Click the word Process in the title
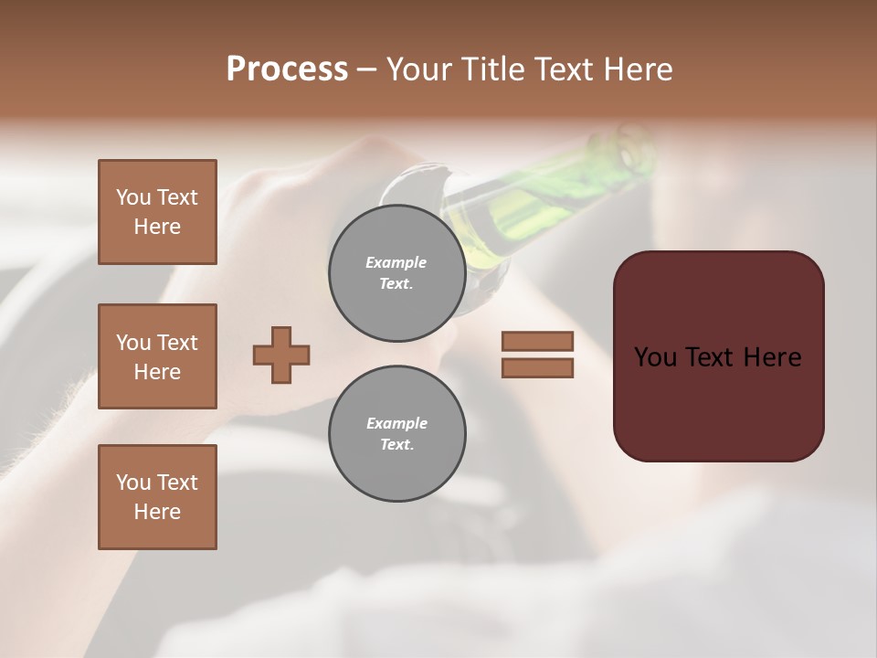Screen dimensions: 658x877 tap(287, 69)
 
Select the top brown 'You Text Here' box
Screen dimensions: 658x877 tap(157, 212)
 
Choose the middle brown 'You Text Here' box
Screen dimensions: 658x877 tap(157, 356)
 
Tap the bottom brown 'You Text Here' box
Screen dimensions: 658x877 tap(157, 497)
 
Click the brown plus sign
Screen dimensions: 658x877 tap(281, 355)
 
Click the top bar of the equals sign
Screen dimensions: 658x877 tap(537, 342)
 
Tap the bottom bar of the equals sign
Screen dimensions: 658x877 tap(537, 367)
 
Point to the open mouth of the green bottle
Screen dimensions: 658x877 tap(634, 148)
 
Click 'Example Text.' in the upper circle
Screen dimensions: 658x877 tap(396, 273)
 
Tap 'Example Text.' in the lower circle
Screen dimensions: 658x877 tap(396, 434)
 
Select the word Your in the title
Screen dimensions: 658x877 tap(419, 69)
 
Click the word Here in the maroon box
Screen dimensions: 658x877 tap(773, 357)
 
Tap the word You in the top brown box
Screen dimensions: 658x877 tap(133, 197)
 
